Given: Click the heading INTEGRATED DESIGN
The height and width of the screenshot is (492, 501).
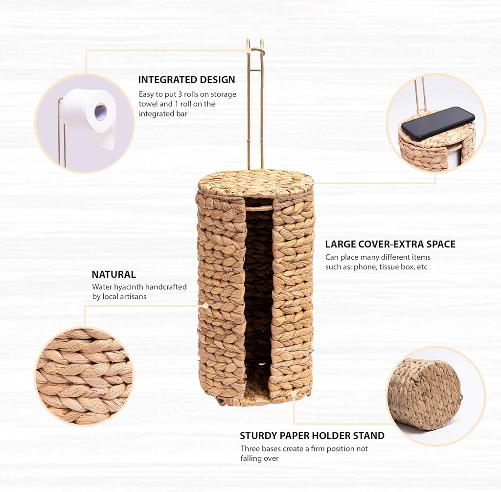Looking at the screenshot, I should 186,80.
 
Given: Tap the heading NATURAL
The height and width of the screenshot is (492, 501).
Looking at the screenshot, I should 114,274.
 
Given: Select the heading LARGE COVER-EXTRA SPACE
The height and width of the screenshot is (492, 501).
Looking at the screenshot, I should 390,244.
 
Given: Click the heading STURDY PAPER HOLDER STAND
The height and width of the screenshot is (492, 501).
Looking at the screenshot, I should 312,435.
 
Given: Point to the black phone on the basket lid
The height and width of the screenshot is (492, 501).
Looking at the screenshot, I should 438,123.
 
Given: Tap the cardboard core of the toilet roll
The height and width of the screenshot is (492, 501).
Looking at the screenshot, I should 100,112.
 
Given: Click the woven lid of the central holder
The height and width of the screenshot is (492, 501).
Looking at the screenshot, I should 255,184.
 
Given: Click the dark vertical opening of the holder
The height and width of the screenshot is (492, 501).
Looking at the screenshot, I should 258,293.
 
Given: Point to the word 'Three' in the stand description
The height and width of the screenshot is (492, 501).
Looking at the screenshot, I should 251,448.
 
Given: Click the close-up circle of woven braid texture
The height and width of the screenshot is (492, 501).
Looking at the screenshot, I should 84,376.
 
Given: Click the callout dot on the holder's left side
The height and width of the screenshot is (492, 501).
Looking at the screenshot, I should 206,306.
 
